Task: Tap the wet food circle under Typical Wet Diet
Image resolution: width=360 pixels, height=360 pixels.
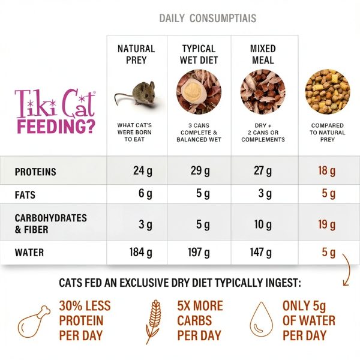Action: pos(199,92)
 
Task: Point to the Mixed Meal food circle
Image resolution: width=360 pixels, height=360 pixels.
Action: pos(263,92)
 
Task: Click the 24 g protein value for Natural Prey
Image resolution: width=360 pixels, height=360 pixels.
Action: pos(143,171)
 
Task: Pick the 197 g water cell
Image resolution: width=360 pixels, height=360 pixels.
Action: pos(199,253)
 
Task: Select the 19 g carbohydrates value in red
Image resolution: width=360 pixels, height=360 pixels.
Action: pos(327,224)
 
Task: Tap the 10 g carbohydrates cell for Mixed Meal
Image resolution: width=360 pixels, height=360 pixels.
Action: pos(263,224)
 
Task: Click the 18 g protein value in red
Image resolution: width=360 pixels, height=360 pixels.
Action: pos(327,171)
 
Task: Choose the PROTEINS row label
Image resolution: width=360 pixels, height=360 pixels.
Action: pos(35,172)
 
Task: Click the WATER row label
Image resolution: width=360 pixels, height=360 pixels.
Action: pos(29,253)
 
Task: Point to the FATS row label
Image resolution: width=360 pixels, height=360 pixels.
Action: pos(26,195)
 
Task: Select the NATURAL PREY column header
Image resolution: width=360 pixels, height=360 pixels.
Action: pos(136,54)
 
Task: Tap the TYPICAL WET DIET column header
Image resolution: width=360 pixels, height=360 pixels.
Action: pos(199,54)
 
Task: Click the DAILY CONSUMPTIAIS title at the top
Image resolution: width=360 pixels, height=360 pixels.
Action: pos(208,18)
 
